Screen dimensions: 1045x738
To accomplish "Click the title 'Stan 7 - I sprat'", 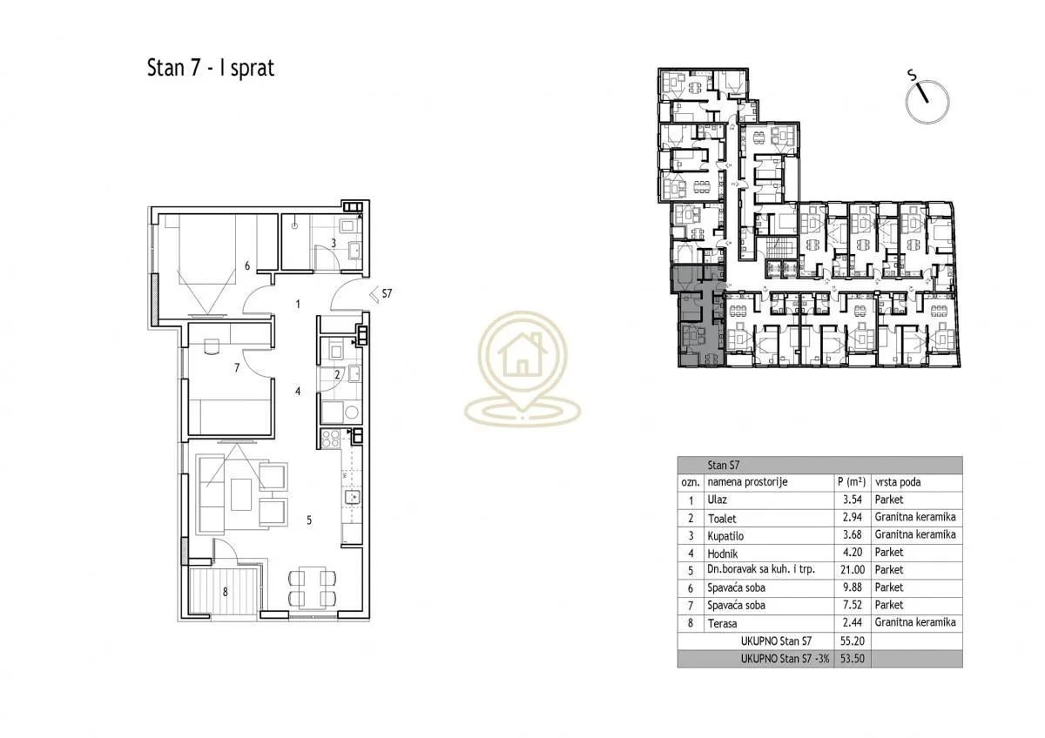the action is coord(211,68).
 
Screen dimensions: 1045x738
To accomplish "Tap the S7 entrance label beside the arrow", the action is coord(387,293).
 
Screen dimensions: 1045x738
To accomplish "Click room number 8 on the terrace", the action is coord(226,592).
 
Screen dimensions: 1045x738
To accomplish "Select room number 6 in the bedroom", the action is coord(247,265).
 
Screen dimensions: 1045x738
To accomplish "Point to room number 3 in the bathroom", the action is coord(334,243).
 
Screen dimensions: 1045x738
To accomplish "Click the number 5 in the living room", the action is coord(309,520).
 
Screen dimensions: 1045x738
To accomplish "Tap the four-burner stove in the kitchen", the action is coord(331,439).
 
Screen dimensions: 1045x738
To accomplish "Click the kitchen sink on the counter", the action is coord(352,498).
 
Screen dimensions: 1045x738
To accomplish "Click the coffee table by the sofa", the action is coord(241,495).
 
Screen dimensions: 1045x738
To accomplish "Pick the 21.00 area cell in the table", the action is coord(853,570).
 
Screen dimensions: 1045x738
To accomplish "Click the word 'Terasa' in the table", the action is coord(722,623).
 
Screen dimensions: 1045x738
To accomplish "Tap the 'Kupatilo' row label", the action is coord(725,536).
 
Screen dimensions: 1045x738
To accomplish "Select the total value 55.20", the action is coord(853,641).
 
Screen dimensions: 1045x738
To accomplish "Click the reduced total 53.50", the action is coord(853,659).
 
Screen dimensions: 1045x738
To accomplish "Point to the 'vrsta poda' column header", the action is coord(898,482).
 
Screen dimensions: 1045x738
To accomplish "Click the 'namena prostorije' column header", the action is coord(747,482).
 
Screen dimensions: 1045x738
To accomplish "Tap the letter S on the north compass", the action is coord(912,75).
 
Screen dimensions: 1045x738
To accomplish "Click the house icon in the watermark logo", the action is coord(522,354).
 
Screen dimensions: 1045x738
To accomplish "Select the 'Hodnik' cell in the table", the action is coord(723,553).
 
